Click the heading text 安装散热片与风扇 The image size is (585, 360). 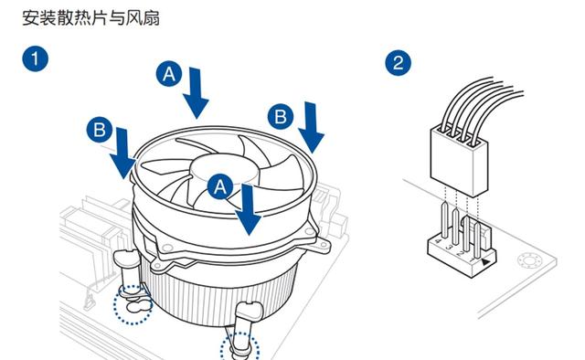tap(91, 18)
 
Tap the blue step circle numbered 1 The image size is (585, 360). tap(35, 58)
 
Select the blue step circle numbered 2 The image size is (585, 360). tap(399, 63)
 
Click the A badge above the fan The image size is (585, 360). tap(169, 74)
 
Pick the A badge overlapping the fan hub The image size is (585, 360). tap(220, 185)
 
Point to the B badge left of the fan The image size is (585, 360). tap(100, 130)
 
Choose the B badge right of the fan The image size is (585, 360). tap(281, 116)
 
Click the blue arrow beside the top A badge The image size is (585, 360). tap(196, 93)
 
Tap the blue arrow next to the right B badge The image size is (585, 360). tap(311, 128)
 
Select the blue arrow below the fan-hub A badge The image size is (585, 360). tap(248, 209)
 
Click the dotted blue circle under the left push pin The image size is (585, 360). tap(133, 304)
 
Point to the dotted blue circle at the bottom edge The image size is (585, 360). tap(239, 347)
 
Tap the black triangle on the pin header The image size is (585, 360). tap(485, 262)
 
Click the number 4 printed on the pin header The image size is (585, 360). tap(439, 241)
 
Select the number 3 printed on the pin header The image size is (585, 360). tap(450, 247)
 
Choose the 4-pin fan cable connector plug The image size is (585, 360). tap(459, 161)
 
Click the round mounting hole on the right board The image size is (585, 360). tap(529, 260)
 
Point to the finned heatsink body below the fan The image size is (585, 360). tap(220, 295)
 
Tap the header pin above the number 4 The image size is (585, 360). tap(444, 220)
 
